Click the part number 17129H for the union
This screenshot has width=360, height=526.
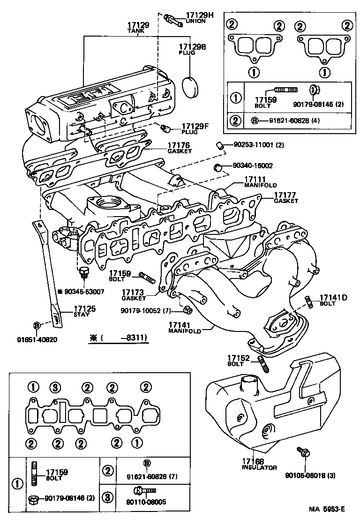pyautogui.click(x=199, y=15)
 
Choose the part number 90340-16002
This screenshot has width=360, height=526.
pyautogui.click(x=253, y=165)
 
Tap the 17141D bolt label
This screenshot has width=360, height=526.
pyautogui.click(x=333, y=298)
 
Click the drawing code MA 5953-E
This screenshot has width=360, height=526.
pyautogui.click(x=326, y=510)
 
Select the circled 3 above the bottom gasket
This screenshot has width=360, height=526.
pyautogui.click(x=56, y=387)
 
